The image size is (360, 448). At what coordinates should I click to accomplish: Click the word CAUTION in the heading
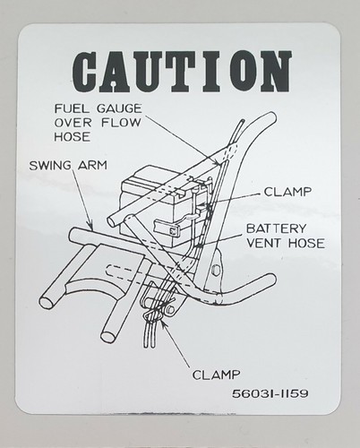click(x=182, y=72)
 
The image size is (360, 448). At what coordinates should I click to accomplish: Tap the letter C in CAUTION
click(x=87, y=72)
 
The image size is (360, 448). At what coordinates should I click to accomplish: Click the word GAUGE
click(x=119, y=108)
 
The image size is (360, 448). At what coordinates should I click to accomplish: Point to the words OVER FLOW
click(x=98, y=123)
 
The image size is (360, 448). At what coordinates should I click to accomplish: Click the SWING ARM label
click(x=68, y=165)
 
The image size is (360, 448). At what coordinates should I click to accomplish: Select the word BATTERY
click(x=276, y=228)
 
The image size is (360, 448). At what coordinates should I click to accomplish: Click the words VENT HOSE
click(x=286, y=243)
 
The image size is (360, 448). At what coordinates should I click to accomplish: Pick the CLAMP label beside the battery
click(x=287, y=192)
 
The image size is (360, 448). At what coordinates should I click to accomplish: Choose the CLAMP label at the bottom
click(x=216, y=375)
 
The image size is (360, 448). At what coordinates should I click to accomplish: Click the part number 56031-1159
click(x=270, y=393)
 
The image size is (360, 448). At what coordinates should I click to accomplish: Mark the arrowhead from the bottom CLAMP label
click(x=164, y=327)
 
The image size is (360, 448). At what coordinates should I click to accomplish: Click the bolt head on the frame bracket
click(x=214, y=271)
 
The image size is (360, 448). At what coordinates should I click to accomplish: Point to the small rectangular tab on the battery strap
click(x=172, y=230)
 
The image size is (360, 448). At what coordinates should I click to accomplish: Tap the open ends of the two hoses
click(x=149, y=345)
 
